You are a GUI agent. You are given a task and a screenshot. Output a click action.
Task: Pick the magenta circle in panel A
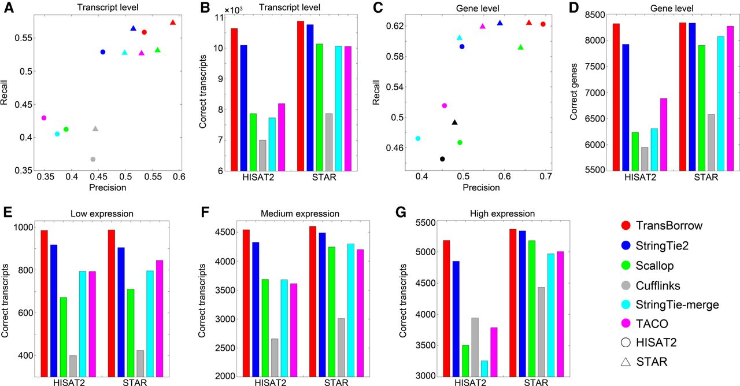point(44,118)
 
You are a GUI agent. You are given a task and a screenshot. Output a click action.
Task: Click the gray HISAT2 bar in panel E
point(73,366)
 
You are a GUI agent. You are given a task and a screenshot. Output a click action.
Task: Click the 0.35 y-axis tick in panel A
point(20,171)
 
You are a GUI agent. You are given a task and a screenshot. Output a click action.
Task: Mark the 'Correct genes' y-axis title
point(573,93)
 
